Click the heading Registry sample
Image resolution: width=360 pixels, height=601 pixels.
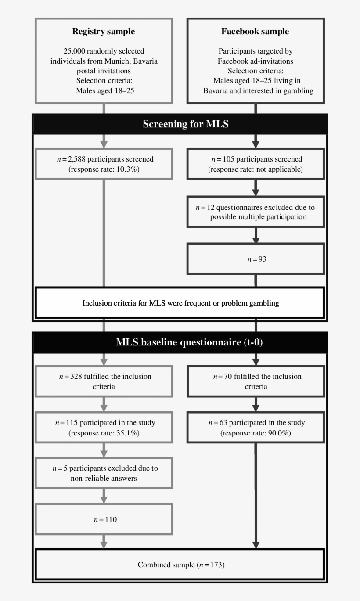(x=103, y=32)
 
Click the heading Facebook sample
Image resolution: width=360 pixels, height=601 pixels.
(x=255, y=32)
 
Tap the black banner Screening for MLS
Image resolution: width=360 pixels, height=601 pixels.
(x=186, y=124)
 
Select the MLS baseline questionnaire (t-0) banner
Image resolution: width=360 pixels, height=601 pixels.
(x=189, y=342)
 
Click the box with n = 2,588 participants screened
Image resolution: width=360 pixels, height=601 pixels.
(x=104, y=164)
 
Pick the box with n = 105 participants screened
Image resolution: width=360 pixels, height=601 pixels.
(x=256, y=164)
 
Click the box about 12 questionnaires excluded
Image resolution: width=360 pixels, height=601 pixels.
(x=256, y=212)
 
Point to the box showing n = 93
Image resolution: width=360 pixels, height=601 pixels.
(x=256, y=259)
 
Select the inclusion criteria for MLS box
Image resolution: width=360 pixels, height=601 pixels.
(x=180, y=303)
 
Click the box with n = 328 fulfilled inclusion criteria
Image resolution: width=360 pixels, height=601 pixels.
(x=104, y=381)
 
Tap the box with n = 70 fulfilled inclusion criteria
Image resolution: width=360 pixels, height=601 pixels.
(x=256, y=381)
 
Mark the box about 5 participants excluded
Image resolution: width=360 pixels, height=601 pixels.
(x=104, y=473)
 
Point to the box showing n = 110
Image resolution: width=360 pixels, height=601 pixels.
(x=104, y=519)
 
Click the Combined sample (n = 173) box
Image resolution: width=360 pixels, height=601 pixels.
(x=180, y=565)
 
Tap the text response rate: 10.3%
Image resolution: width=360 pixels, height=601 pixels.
(x=104, y=169)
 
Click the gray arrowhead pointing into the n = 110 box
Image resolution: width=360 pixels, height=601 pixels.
(x=104, y=500)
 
